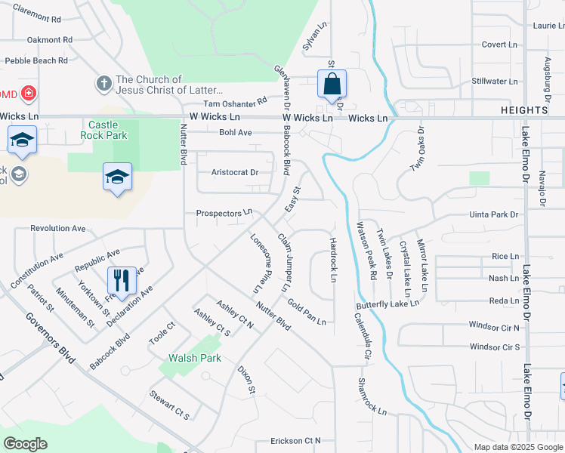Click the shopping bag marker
tap(332, 84)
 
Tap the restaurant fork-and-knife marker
tap(121, 281)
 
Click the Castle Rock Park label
tap(108, 130)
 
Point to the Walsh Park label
tap(195, 358)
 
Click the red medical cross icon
tap(28, 94)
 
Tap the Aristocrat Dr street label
tap(235, 172)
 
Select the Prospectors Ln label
tap(223, 214)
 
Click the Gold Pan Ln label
tap(307, 311)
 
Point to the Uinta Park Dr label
tap(493, 215)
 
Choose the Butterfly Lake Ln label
tap(387, 303)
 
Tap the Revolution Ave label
tap(58, 228)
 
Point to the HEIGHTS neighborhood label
tap(524, 110)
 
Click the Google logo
tap(25, 444)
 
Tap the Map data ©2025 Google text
tap(517, 446)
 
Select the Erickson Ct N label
tap(296, 440)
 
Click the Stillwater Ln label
tap(495, 82)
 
